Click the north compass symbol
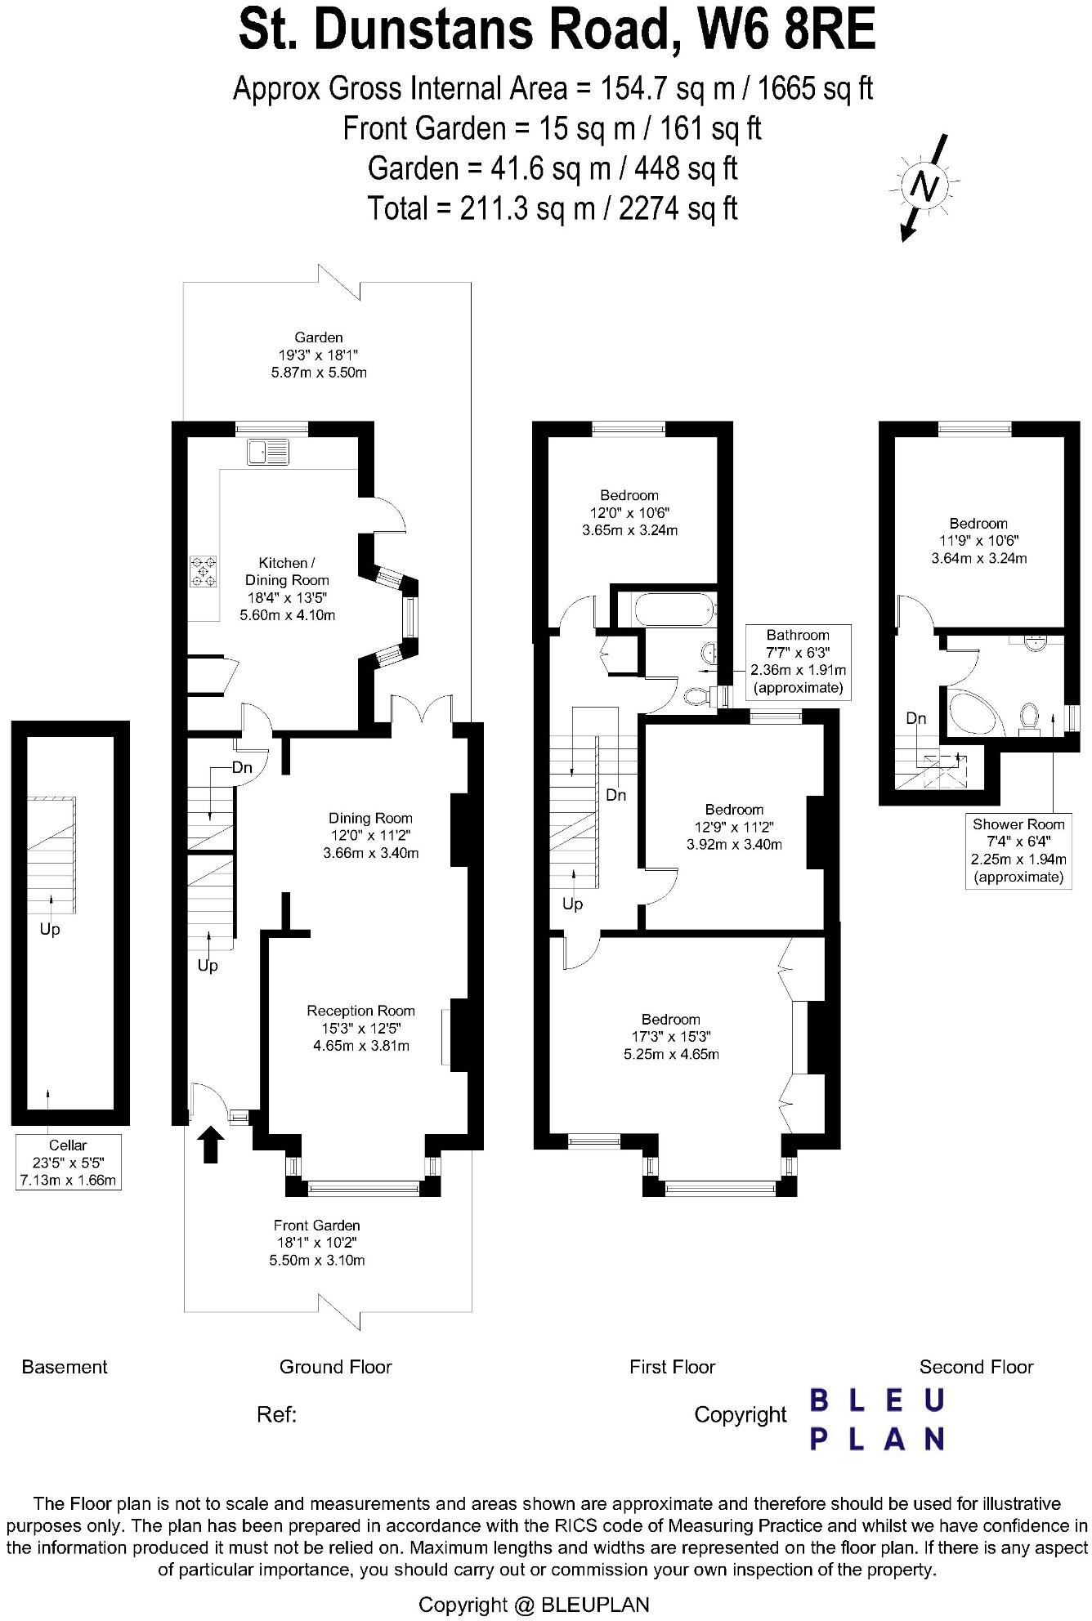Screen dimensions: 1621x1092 924,188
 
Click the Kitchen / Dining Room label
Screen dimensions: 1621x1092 287,588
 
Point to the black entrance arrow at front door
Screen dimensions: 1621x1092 211,1145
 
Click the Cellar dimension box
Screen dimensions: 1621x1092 68,1163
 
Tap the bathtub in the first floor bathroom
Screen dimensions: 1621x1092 665,610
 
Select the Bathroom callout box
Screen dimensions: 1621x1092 797,661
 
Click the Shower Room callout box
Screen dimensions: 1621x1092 1018,851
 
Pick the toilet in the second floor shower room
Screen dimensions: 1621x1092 1029,717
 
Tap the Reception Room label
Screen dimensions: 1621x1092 360,1028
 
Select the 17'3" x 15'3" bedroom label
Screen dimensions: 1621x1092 670,1036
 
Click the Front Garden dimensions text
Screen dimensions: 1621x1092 316,1243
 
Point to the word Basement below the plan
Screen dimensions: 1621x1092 65,1367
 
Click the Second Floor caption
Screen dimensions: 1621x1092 976,1367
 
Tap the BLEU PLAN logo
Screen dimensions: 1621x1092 877,1420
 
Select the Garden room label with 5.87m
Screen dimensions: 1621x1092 319,355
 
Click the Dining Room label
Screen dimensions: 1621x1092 370,835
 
